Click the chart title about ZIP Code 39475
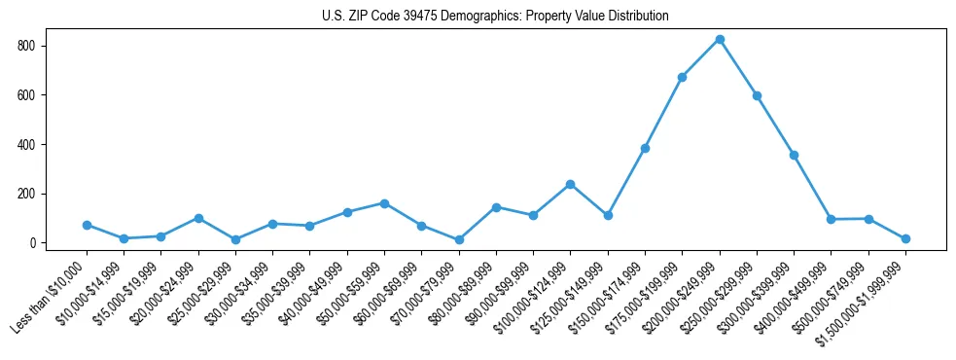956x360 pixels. pyautogui.click(x=495, y=16)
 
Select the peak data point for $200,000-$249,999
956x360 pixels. pyautogui.click(x=720, y=40)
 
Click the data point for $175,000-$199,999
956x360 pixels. pyautogui.click(x=683, y=77)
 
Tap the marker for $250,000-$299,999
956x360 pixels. pyautogui.click(x=757, y=95)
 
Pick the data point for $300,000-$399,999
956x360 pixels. pyautogui.click(x=795, y=155)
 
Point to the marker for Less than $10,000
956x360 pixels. pyautogui.click(x=87, y=225)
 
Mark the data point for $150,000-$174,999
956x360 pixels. pyautogui.click(x=645, y=148)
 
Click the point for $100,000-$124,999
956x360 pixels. pyautogui.click(x=571, y=184)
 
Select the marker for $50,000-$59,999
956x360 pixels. pyautogui.click(x=384, y=203)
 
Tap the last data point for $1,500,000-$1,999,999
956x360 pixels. pyautogui.click(x=905, y=238)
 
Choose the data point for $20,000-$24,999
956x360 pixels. pyautogui.click(x=198, y=218)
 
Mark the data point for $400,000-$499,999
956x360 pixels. pyautogui.click(x=832, y=219)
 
